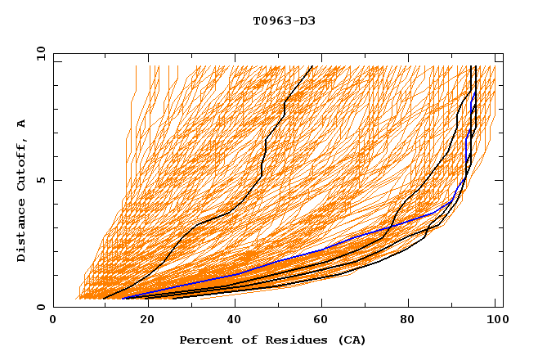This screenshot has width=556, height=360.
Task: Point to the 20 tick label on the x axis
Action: (x=142, y=321)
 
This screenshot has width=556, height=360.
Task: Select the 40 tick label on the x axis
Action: (x=231, y=321)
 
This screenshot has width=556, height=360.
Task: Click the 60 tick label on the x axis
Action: (x=319, y=321)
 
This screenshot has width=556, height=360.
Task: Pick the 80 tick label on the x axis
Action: (x=407, y=321)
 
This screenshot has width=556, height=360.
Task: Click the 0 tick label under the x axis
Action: (x=54, y=321)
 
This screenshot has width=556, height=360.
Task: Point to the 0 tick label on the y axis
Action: (x=40, y=308)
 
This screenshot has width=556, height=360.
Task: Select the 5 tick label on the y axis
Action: (x=40, y=180)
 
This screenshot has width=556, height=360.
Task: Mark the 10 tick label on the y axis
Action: (x=38, y=52)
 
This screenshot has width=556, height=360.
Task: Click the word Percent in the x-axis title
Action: (x=204, y=340)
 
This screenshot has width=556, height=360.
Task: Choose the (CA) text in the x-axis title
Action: (x=350, y=340)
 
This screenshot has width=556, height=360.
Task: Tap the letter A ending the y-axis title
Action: (x=22, y=124)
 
